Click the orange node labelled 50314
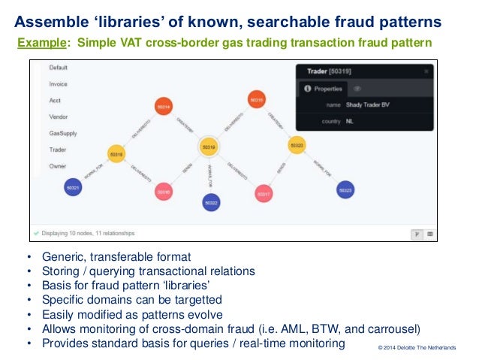click(163, 107)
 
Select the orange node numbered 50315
click(256, 99)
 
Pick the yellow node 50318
click(116, 154)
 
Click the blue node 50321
click(73, 187)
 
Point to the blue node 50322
click(211, 202)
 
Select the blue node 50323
click(345, 191)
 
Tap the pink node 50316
click(164, 192)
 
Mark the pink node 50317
click(263, 193)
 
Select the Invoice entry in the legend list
click(58, 83)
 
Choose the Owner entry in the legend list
click(58, 166)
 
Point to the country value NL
click(350, 122)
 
